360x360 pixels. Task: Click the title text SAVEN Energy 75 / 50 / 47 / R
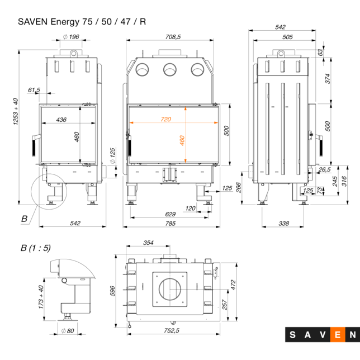click(82, 22)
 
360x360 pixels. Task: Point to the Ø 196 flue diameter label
click(71, 37)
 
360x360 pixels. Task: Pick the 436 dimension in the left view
click(61, 119)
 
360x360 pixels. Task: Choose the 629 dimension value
click(170, 214)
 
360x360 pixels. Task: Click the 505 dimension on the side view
click(287, 37)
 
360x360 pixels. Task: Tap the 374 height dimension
click(328, 79)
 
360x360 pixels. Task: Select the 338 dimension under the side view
click(283, 224)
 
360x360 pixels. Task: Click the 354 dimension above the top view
click(148, 243)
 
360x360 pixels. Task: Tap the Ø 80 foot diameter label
click(68, 330)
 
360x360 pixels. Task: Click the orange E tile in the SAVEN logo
click(338, 335)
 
